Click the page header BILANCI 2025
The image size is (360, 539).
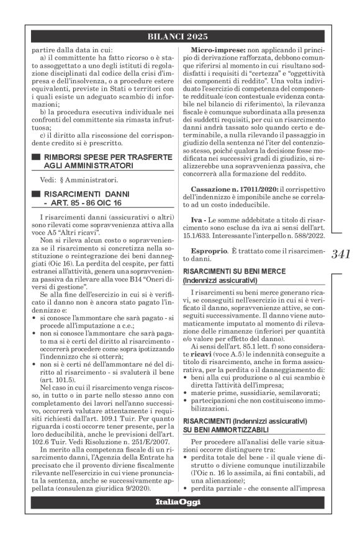(x=180, y=37)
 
